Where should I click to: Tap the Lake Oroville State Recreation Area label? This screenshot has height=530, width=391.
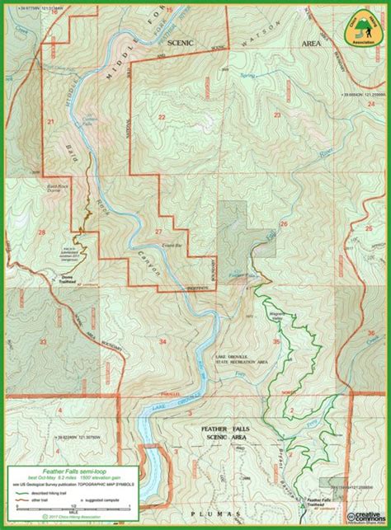tap(233, 359)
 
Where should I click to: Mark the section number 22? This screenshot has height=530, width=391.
tap(162, 118)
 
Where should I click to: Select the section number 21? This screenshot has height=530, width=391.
tap(50, 122)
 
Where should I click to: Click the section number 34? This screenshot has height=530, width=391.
tap(162, 340)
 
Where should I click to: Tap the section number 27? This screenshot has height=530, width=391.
tap(157, 233)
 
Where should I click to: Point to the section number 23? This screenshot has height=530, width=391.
tap(277, 115)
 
